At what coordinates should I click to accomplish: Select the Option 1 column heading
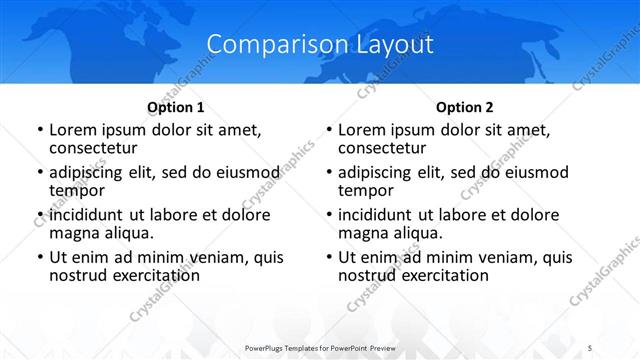176,106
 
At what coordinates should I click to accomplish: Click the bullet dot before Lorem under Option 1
39,130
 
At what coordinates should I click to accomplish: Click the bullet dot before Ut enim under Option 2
328,258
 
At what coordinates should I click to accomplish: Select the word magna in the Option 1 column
72,232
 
